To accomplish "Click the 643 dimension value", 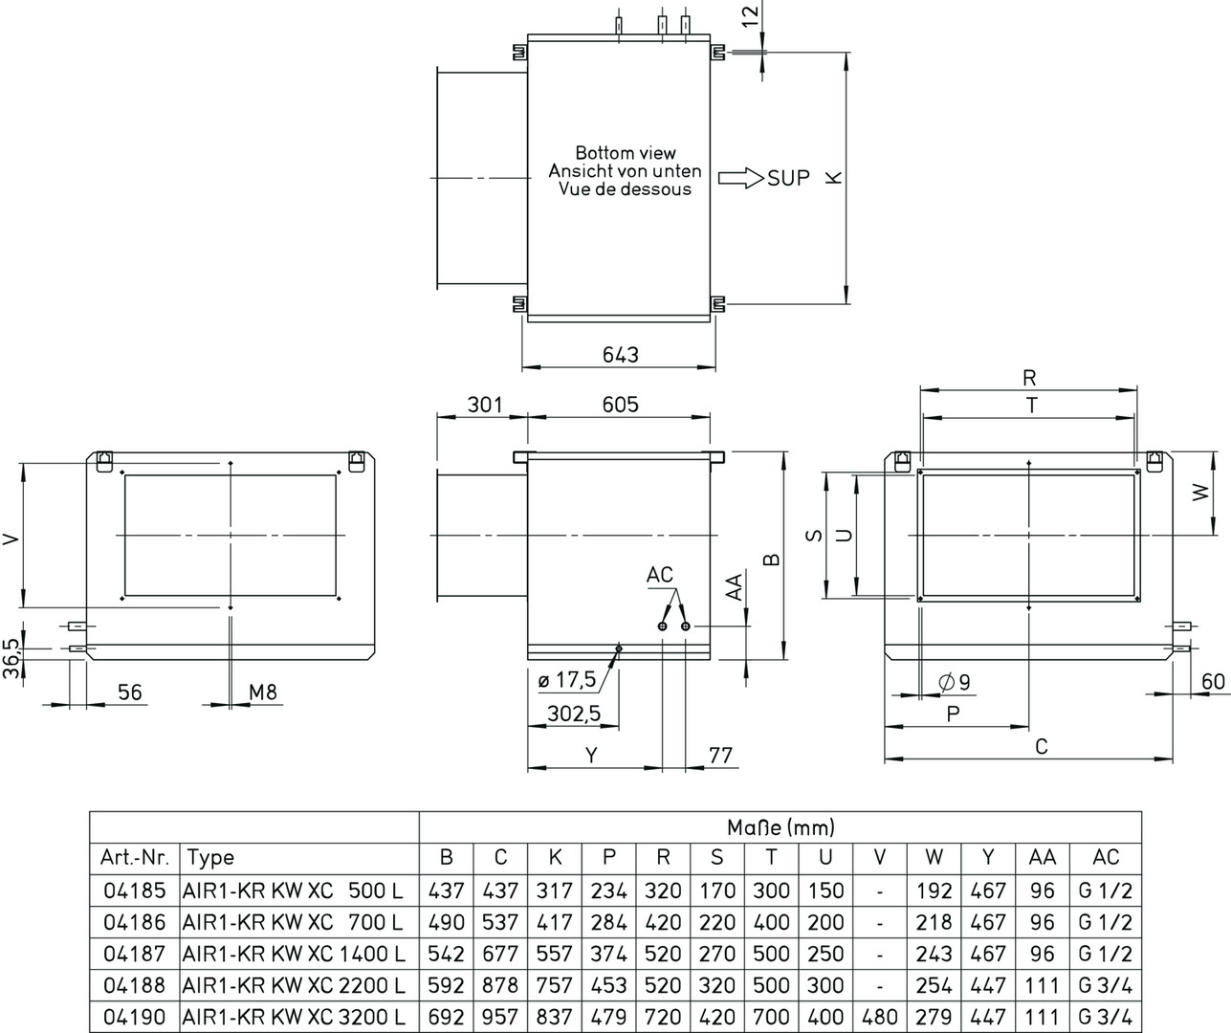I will (620, 355).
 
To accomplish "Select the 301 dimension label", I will (484, 405).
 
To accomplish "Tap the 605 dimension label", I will (620, 405).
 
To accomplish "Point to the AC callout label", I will (660, 575).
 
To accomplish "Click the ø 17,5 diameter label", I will (567, 680).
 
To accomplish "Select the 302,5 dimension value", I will (574, 713).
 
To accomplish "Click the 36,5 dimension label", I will (11, 660).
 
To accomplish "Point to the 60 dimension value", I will (1213, 681).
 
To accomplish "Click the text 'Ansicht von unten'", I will (625, 171).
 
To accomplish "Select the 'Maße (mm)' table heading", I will (780, 826).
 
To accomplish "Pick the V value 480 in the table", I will (879, 1017).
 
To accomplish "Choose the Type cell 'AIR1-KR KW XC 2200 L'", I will (293, 985).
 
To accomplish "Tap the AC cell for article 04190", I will (1105, 1017).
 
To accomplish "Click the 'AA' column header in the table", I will (1042, 857).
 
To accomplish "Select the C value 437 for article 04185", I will (500, 890).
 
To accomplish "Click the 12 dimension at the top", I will (751, 15).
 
